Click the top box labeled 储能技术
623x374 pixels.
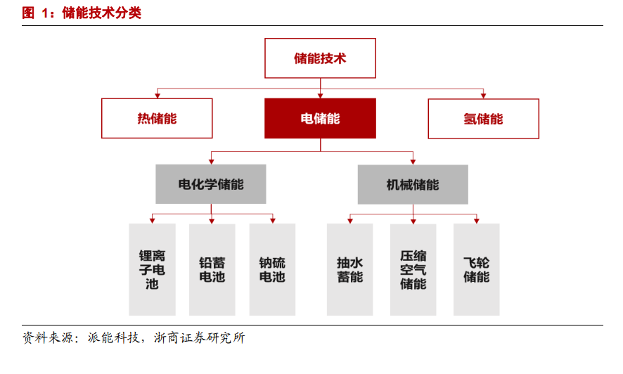point(320,58)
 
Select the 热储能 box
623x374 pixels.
point(157,118)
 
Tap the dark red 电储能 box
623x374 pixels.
point(320,118)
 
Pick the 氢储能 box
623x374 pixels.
point(484,119)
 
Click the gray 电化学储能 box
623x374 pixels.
point(211,184)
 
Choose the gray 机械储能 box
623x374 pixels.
point(413,185)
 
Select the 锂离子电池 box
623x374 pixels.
point(152,269)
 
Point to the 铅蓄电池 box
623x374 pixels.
point(212,269)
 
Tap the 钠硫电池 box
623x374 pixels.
point(272,269)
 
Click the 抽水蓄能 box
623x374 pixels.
point(349,269)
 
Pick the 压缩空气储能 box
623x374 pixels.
point(413,269)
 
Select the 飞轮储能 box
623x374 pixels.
point(476,269)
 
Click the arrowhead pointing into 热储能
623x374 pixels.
point(158,96)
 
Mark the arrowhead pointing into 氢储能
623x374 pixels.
point(484,96)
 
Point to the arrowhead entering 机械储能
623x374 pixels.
point(413,162)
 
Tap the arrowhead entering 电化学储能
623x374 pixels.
point(212,162)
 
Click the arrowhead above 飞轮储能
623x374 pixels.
point(476,221)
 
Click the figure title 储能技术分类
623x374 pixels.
point(102,13)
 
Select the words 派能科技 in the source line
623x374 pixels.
point(114,338)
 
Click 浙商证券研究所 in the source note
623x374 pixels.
point(200,338)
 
